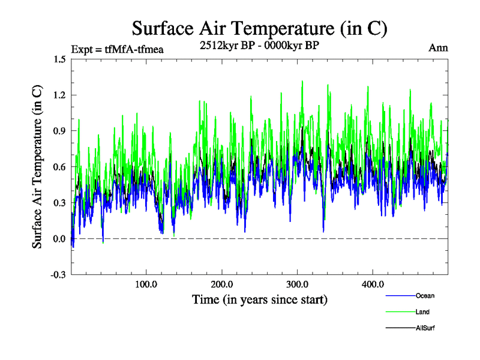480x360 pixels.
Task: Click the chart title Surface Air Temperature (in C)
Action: tap(259, 28)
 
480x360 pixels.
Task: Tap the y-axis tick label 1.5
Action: tap(59, 59)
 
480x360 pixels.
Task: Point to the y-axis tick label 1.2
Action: tap(59, 95)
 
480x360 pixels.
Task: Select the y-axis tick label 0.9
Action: tap(59, 131)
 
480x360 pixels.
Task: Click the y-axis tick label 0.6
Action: tap(59, 167)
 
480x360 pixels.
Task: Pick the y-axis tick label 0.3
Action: tap(59, 203)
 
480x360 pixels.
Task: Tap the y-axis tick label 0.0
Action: tap(59, 239)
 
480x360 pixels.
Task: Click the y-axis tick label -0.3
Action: tap(58, 275)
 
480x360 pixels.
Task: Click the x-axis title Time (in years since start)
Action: tap(260, 299)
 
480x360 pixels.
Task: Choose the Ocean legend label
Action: tap(425, 296)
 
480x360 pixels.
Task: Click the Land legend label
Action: tap(422, 312)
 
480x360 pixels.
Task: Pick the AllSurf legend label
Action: tap(425, 328)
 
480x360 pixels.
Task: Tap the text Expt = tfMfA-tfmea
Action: tap(117, 49)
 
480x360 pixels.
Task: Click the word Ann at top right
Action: tap(438, 48)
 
